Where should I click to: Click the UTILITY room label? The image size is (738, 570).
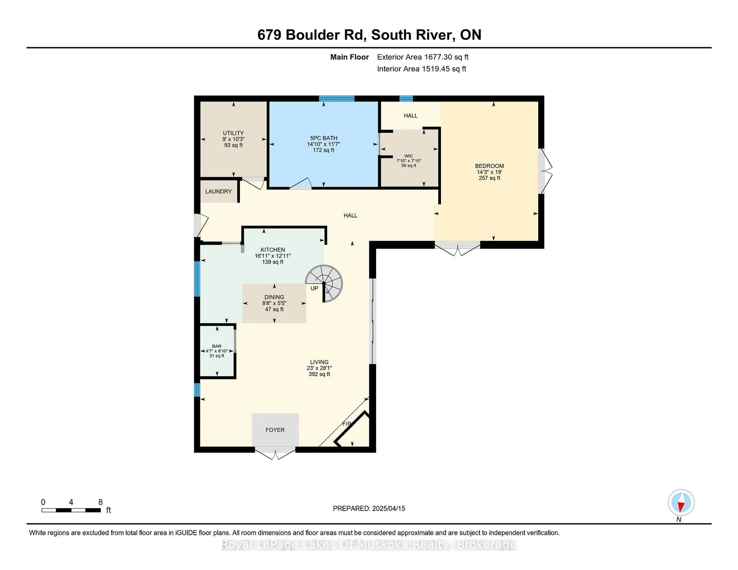(x=233, y=133)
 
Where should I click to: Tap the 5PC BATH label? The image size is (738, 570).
(x=323, y=138)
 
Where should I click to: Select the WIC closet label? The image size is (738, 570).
(x=409, y=156)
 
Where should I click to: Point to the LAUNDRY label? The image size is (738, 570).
(x=218, y=191)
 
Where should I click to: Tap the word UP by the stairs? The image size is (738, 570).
(x=314, y=288)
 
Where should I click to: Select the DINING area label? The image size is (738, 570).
(x=274, y=297)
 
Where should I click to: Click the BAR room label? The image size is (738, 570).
(x=217, y=346)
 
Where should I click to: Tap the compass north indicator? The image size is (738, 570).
(x=681, y=502)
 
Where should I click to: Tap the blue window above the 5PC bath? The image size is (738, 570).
(x=337, y=99)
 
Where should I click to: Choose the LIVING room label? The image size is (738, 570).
(x=319, y=362)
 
